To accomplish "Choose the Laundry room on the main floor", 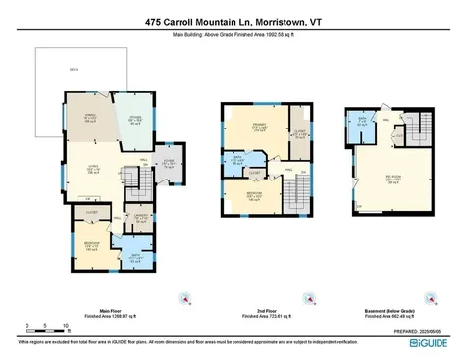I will click(x=142, y=219).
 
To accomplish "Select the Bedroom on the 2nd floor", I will click(x=257, y=195).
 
